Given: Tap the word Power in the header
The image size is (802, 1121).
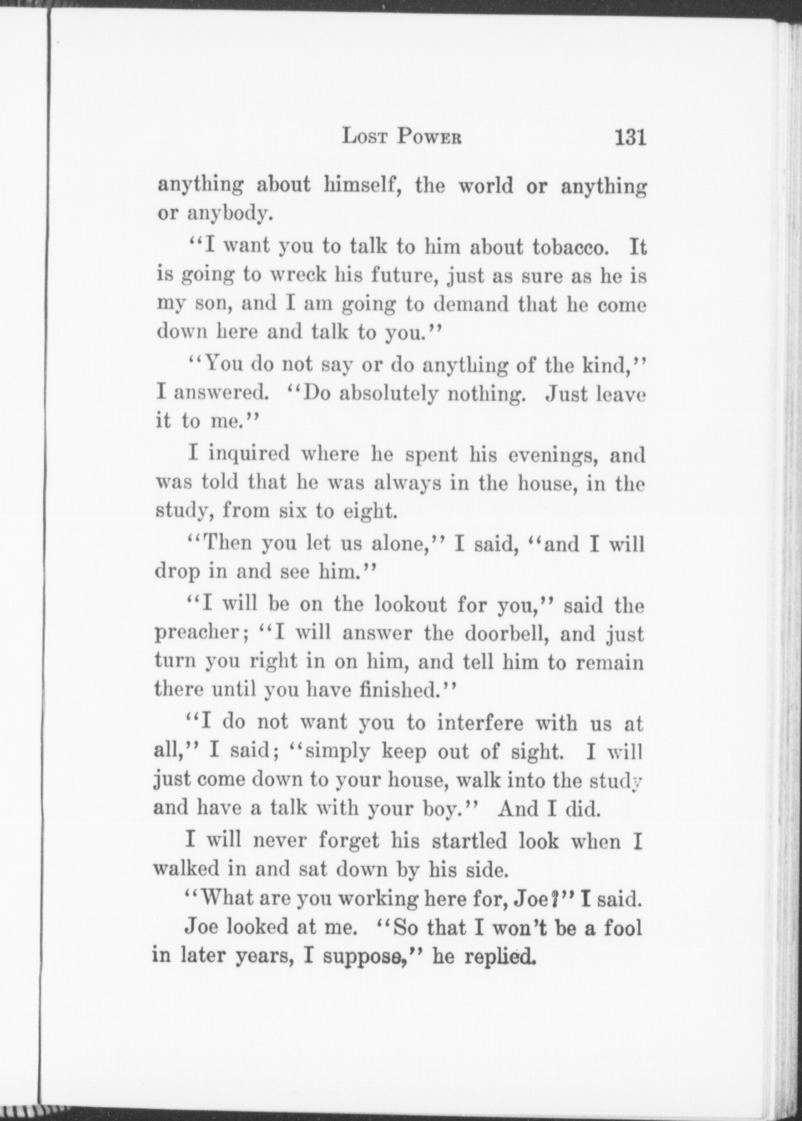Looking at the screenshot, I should pyautogui.click(x=429, y=137).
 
